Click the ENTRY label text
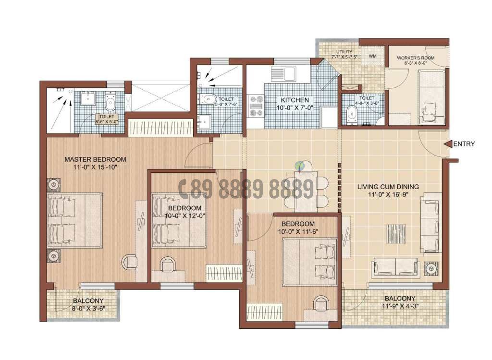pyautogui.click(x=464, y=144)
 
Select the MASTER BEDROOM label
pyautogui.click(x=95, y=159)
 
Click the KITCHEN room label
pyautogui.click(x=295, y=100)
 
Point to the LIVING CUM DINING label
pyautogui.click(x=388, y=187)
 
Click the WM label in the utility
pyautogui.click(x=373, y=56)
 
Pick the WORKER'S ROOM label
pyautogui.click(x=416, y=58)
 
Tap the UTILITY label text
pyautogui.click(x=344, y=52)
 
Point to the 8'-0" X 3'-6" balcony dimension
pyautogui.click(x=88, y=309)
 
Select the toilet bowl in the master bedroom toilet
pyautogui.click(x=110, y=102)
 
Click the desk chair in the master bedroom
pyautogui.click(x=129, y=261)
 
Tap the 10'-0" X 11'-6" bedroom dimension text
pyautogui.click(x=298, y=232)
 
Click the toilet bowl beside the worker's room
pyautogui.click(x=352, y=113)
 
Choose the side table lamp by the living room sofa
pyautogui.click(x=430, y=270)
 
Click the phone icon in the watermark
pyautogui.click(x=183, y=189)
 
